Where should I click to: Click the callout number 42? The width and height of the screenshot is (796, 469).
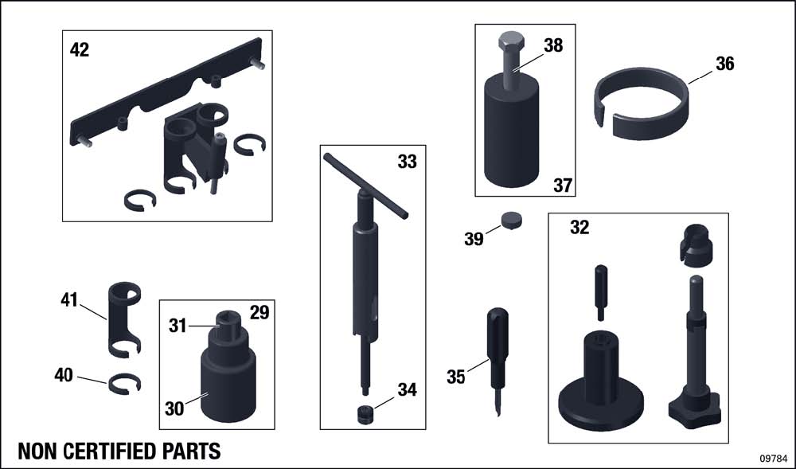coord(79,49)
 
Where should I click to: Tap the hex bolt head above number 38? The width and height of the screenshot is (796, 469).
coord(511,40)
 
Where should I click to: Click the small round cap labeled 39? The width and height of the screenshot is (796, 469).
coord(512,221)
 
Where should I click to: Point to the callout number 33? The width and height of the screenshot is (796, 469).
coord(407,162)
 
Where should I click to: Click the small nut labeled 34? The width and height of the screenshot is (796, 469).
coord(365,414)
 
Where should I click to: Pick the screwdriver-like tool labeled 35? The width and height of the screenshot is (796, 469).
coord(497,361)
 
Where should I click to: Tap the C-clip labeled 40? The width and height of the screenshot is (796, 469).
coord(124,384)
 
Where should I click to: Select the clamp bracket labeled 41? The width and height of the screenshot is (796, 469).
coord(124,319)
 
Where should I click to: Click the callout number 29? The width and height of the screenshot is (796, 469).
coord(259,313)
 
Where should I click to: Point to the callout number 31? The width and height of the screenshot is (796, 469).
coord(178,326)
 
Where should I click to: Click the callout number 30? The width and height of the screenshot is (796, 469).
coord(174,408)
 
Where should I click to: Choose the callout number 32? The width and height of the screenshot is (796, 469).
coord(579,228)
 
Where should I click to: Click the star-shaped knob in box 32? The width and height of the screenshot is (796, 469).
coord(694,407)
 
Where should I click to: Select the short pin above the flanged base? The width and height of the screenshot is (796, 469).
coord(600,292)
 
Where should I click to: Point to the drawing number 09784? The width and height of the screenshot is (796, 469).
coord(774,458)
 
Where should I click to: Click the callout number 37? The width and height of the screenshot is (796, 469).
coord(563,186)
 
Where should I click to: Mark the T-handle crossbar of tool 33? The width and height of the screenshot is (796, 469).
coord(365,186)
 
